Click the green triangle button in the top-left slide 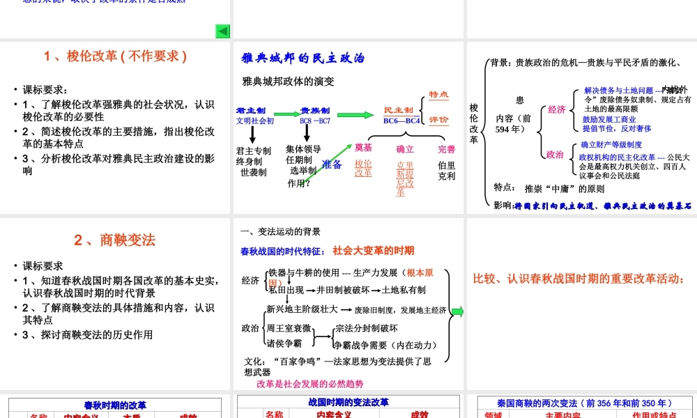(x=223, y=31)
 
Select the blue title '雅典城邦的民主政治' (x=302, y=59)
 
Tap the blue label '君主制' (x=251, y=111)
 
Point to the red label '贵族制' (x=315, y=111)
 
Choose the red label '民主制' (x=399, y=111)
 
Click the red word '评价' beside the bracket (x=438, y=120)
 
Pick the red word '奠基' (x=363, y=148)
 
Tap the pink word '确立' (x=405, y=149)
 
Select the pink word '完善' (x=447, y=149)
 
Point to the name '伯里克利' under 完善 (x=447, y=171)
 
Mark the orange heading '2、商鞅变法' (x=115, y=240)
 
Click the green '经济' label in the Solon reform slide (x=556, y=109)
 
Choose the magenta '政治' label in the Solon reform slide (x=555, y=155)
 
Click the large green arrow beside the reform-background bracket (x=457, y=311)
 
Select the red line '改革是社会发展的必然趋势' (x=309, y=384)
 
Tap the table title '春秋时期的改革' (x=115, y=405)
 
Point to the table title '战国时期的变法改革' (x=348, y=403)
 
